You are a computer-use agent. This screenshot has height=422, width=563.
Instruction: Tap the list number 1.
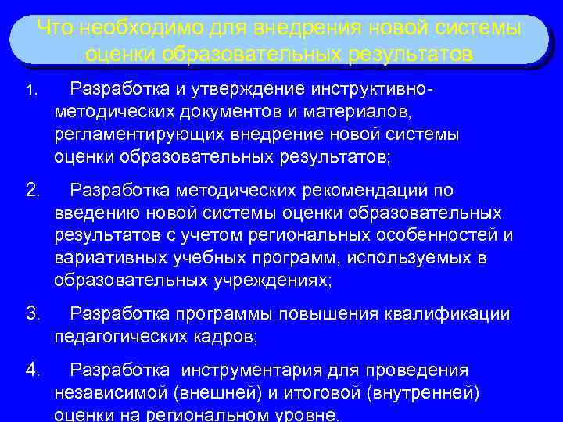click(x=30, y=91)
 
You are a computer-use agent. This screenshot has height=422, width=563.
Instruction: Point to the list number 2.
click(x=32, y=190)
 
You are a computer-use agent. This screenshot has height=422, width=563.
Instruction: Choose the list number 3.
click(x=32, y=313)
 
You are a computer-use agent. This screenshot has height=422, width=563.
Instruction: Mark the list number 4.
click(x=32, y=369)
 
